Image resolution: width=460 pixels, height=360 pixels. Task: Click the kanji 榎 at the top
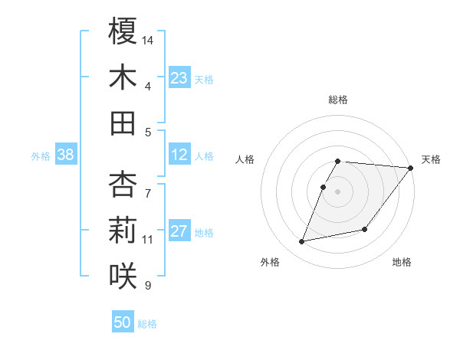click(x=123, y=32)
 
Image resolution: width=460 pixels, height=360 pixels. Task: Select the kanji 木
click(x=123, y=77)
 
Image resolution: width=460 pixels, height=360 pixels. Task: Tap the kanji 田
click(x=123, y=123)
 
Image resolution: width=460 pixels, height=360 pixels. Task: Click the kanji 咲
click(x=123, y=274)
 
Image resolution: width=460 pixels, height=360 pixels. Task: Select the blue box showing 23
click(x=179, y=78)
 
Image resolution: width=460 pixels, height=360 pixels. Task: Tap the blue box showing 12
click(x=179, y=155)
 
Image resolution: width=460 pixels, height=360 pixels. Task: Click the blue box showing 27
click(x=179, y=232)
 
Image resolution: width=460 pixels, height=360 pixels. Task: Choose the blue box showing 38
click(x=65, y=155)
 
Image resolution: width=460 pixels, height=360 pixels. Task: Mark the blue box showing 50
click(x=123, y=322)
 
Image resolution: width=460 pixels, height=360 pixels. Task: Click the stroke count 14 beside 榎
click(x=149, y=39)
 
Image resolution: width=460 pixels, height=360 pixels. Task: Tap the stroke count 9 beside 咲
click(x=148, y=286)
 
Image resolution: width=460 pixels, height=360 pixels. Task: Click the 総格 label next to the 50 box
click(x=148, y=324)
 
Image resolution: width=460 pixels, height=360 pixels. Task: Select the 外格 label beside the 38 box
click(x=41, y=156)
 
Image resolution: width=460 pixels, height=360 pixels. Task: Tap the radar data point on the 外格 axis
click(x=302, y=242)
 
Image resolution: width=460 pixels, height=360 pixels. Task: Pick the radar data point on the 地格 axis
click(x=365, y=229)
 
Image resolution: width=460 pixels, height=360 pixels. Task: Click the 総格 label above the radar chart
click(x=337, y=100)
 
